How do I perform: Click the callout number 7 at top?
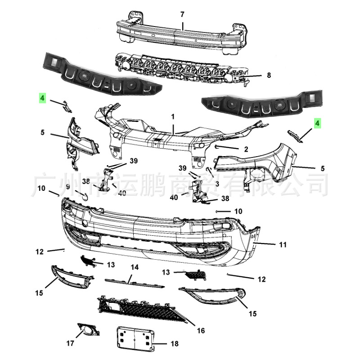click(x=182, y=14)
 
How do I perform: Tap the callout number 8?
click(x=269, y=75)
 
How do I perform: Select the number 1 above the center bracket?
click(x=172, y=117)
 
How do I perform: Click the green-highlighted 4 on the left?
click(x=42, y=97)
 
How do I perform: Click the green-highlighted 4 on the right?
click(x=318, y=122)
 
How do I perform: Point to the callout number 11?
click(x=283, y=245)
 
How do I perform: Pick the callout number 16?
click(x=201, y=331)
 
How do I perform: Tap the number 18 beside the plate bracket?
click(x=174, y=344)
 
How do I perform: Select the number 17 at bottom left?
click(x=70, y=343)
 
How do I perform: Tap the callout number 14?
click(x=135, y=267)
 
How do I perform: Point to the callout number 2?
click(x=246, y=149)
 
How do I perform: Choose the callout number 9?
click(x=68, y=186)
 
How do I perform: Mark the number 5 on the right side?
click(x=323, y=168)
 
